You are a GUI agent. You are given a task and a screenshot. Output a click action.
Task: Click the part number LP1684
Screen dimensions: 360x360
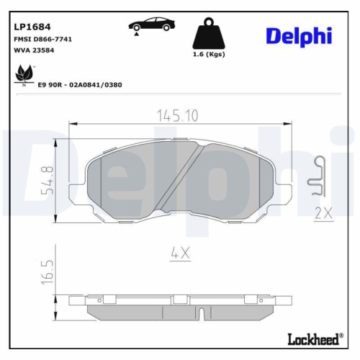coord(32,26)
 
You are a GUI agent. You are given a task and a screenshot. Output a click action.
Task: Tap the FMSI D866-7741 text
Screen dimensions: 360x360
coord(43,39)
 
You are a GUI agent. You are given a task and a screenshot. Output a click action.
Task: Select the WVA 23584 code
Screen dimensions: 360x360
coord(34,50)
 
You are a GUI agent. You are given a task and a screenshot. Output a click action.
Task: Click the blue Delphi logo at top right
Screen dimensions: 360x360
coord(300,35)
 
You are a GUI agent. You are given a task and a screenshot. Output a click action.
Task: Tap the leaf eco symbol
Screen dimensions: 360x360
coord(24,73)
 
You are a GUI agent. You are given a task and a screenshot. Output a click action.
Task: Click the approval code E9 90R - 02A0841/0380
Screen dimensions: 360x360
coord(81,84)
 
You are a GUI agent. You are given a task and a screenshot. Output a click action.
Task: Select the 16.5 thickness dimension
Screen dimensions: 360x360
coord(48,273)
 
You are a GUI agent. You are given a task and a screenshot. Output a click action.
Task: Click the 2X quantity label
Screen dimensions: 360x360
coord(322,213)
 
